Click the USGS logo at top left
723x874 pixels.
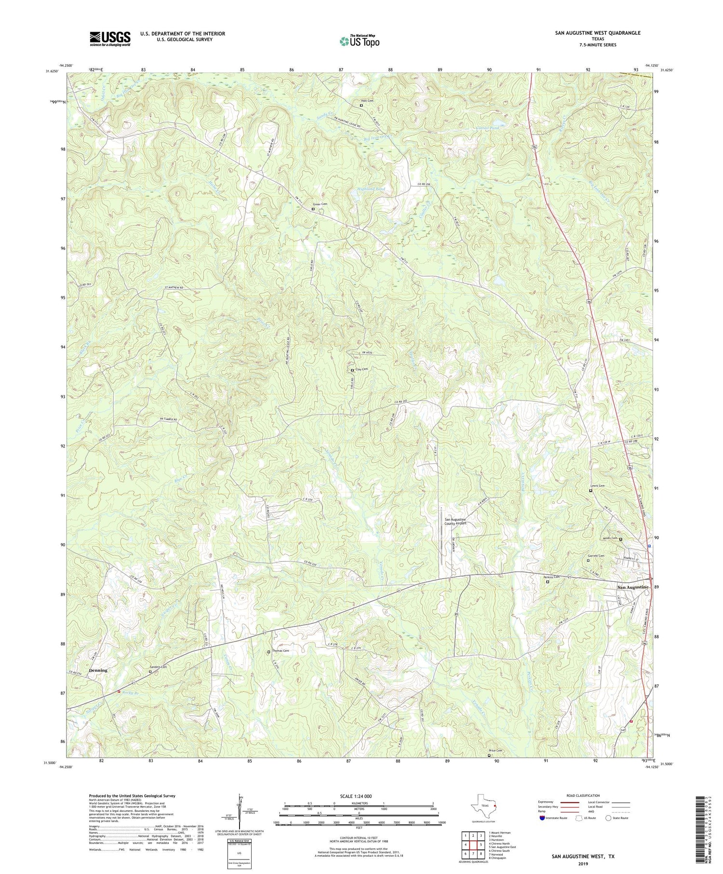tap(110, 39)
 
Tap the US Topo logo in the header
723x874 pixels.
tap(359, 41)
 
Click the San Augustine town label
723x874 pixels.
tap(633, 588)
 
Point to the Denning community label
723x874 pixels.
tap(97, 671)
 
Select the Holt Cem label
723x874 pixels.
tap(367, 101)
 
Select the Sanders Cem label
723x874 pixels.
tap(160, 667)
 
